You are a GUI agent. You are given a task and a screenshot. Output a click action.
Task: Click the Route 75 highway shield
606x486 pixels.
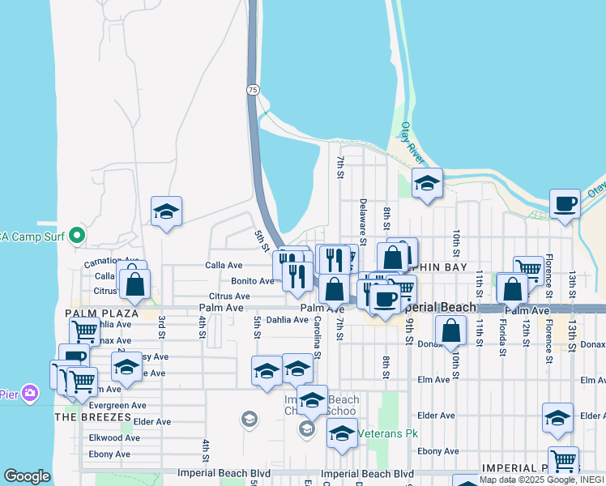pos(254,91)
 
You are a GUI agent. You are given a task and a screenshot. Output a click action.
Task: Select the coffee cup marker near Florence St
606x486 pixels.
pos(565,203)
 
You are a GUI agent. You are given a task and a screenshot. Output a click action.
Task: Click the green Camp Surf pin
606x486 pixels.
pos(77,236)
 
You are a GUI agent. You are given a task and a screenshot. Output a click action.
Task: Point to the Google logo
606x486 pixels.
pos(27,476)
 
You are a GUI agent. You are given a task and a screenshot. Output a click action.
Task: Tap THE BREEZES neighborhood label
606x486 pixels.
pos(92,416)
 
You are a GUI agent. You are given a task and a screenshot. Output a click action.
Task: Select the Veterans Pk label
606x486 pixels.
pos(388,433)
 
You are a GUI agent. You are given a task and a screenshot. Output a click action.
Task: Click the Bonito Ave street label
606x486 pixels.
pos(253,281)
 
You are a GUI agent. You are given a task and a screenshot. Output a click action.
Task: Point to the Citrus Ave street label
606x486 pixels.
pos(229,296)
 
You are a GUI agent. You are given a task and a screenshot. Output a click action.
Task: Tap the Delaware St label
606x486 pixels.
pos(363,221)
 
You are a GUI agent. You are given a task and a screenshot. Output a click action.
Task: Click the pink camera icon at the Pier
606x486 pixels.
pos(30,393)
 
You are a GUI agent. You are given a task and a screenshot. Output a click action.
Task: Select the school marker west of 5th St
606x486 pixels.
pos(166,212)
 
